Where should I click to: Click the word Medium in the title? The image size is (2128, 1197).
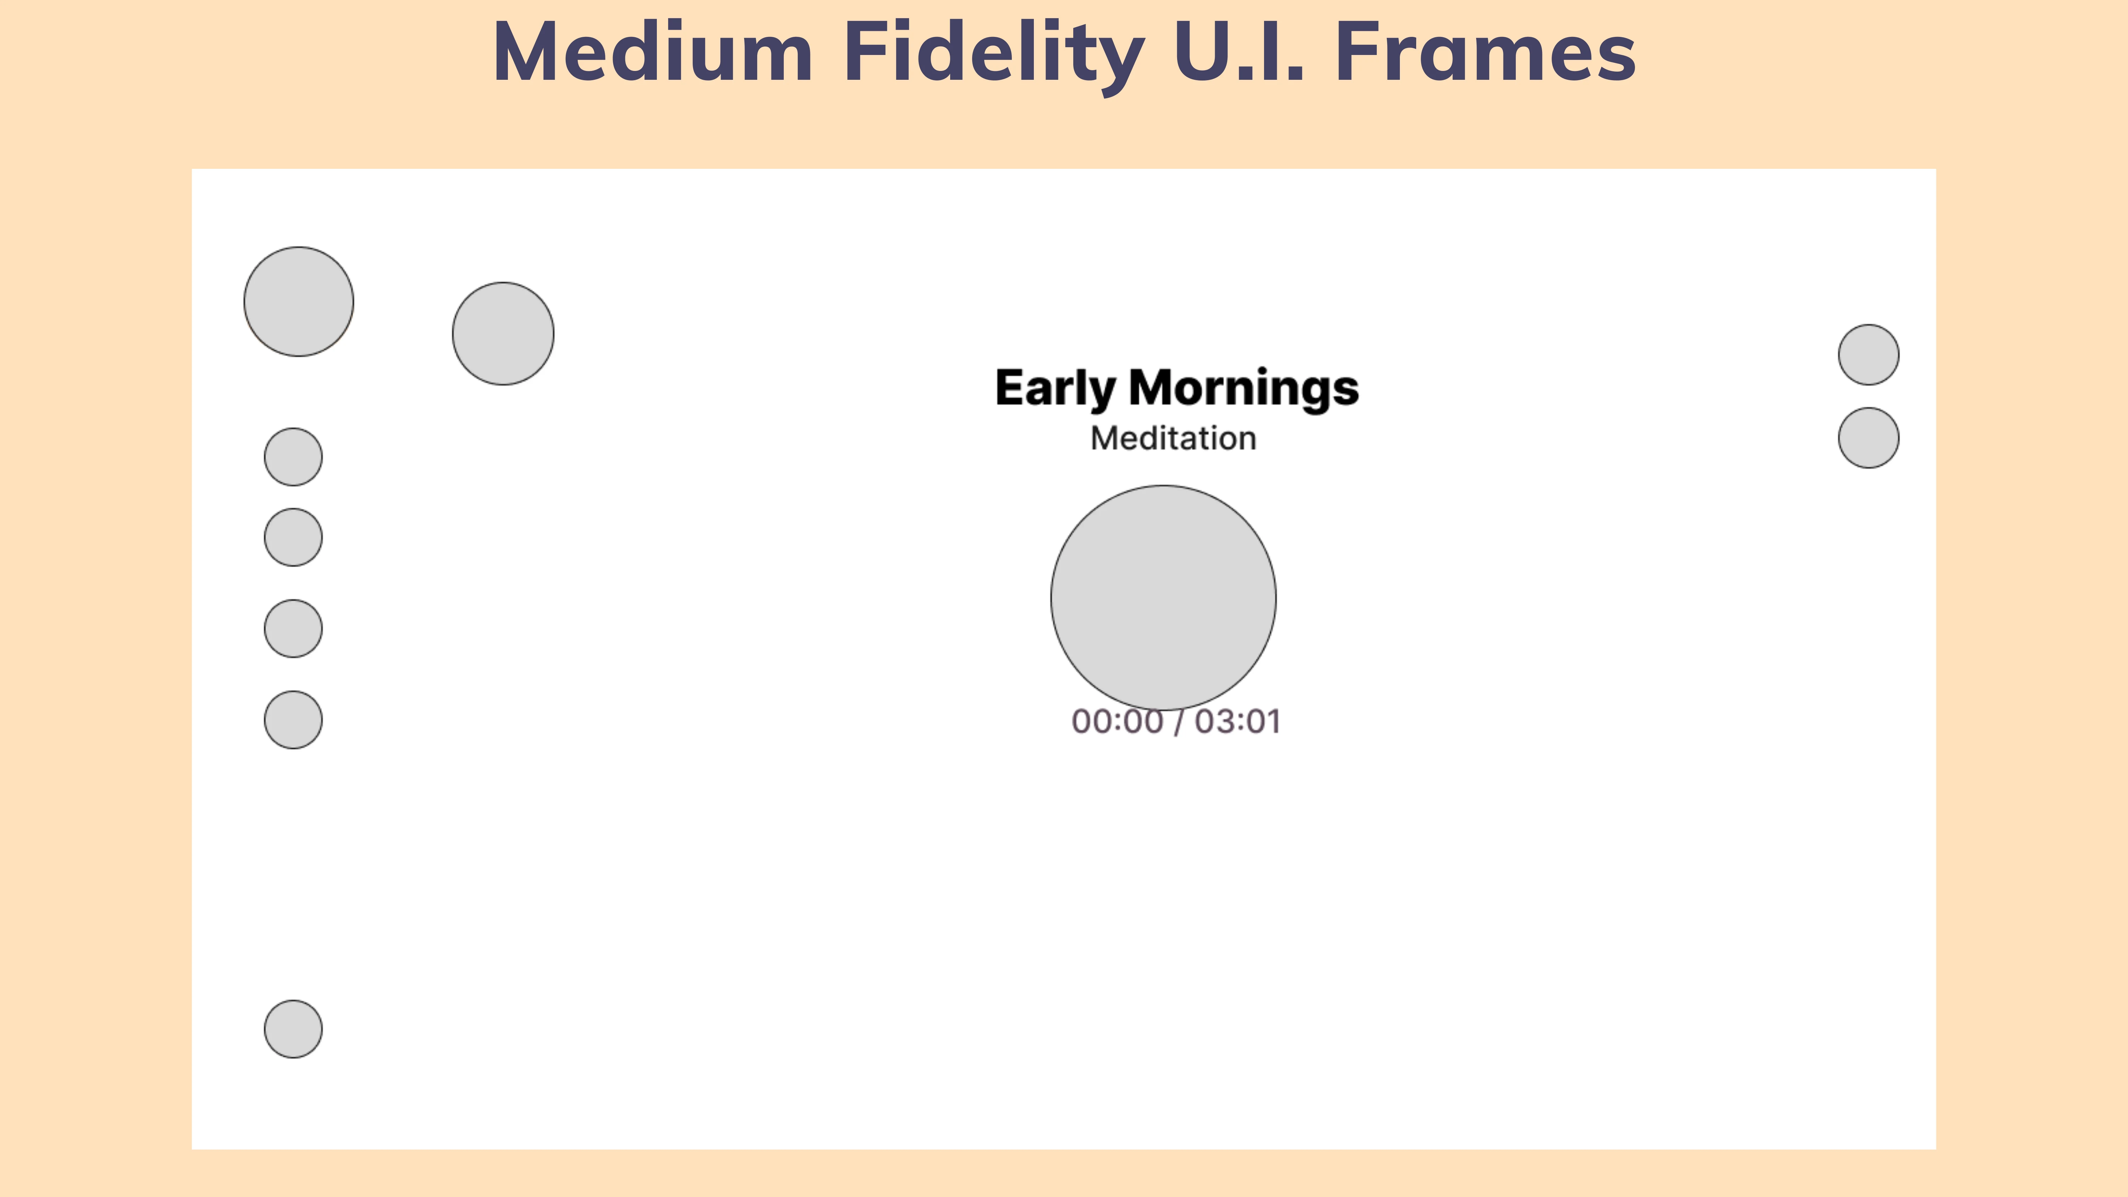click(653, 52)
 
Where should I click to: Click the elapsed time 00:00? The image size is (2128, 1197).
click(1117, 721)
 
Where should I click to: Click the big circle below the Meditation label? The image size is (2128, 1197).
click(1163, 598)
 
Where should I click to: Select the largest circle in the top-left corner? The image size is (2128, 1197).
click(298, 301)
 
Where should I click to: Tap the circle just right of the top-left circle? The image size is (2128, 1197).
click(503, 334)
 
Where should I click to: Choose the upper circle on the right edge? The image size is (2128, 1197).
click(1869, 354)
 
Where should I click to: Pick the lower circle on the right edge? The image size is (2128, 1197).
click(1869, 438)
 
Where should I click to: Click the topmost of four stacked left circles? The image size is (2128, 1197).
click(293, 457)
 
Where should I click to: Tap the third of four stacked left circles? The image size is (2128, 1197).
click(293, 629)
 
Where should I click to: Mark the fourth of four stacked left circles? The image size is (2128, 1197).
click(293, 720)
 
